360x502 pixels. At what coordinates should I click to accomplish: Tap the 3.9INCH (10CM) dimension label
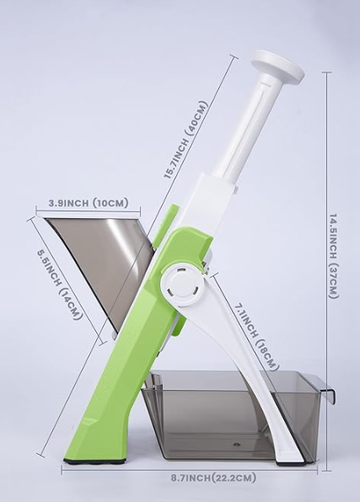(88, 203)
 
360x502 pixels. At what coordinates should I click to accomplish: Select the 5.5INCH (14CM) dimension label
(59, 280)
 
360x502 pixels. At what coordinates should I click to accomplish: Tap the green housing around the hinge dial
(173, 248)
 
